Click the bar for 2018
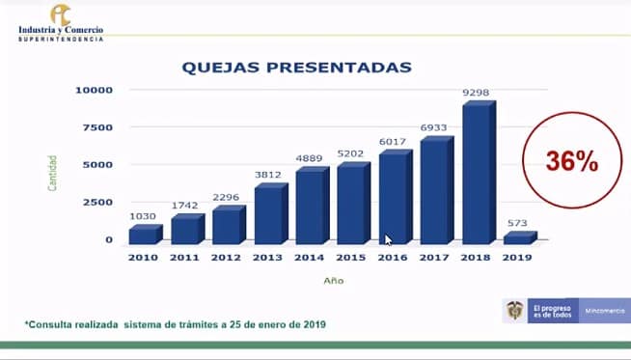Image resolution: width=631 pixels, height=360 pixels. [477, 174]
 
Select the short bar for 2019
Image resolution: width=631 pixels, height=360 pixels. [518, 237]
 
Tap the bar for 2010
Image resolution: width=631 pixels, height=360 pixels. [143, 235]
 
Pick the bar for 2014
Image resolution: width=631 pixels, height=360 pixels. [310, 206]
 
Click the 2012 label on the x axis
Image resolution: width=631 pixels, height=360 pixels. [226, 258]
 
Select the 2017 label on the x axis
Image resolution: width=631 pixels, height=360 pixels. [435, 258]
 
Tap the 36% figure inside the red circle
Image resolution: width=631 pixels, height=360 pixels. [572, 162]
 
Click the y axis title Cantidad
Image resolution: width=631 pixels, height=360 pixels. [53, 172]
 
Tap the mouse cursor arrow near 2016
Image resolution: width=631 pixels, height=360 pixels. [389, 240]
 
